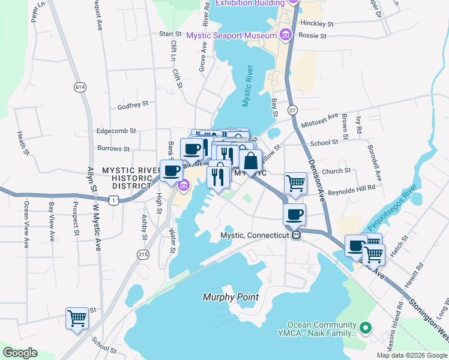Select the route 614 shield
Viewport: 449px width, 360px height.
coord(79,87)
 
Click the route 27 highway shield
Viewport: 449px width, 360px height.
coord(292,110)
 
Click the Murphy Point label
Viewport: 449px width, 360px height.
coord(231,297)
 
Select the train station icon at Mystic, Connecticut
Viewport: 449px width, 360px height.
coord(296,235)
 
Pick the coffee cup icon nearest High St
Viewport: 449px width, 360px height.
coord(171,170)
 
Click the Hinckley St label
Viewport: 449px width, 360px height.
coord(318,23)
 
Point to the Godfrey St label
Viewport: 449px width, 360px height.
coord(133,104)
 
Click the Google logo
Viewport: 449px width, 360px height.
coord(20,352)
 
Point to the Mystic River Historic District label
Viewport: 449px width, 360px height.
coord(127,175)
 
